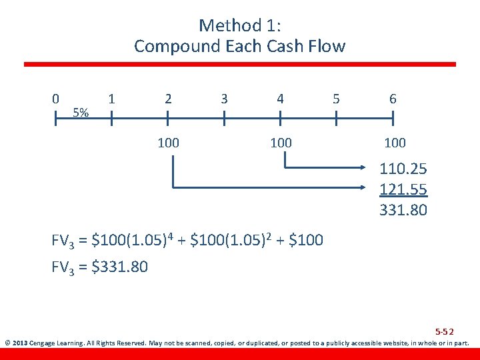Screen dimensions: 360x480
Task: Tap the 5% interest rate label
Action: click(81, 112)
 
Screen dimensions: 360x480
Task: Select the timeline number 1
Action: click(112, 99)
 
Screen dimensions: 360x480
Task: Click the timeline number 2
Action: click(168, 99)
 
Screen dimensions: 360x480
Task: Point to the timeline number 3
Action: click(224, 99)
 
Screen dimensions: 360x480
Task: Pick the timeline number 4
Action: click(280, 99)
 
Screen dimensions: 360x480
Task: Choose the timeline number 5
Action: click(336, 99)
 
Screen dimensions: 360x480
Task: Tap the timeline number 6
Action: click(393, 99)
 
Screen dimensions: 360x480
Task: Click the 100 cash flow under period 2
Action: click(168, 143)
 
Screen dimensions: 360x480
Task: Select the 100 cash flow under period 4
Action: click(280, 143)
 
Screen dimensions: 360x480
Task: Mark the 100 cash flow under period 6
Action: click(395, 143)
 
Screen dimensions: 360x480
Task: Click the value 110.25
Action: click(403, 169)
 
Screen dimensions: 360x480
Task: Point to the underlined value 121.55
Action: click(403, 190)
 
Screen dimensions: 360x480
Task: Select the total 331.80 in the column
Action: click(403, 211)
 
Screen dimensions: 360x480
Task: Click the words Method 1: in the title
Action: click(239, 25)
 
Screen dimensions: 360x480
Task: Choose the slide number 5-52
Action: click(444, 331)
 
